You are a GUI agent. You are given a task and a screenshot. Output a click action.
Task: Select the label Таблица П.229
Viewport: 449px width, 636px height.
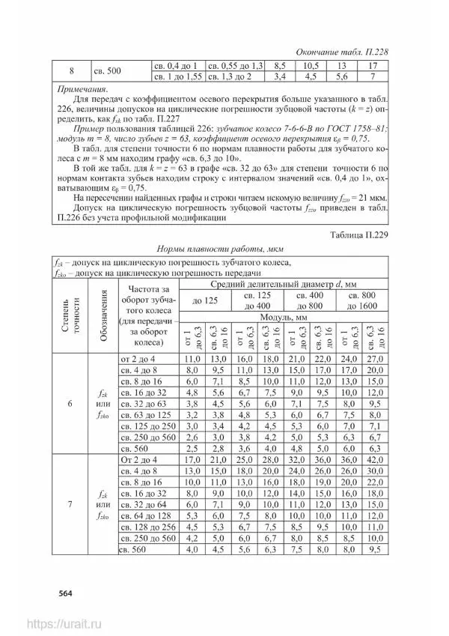pyautogui.click(x=358, y=234)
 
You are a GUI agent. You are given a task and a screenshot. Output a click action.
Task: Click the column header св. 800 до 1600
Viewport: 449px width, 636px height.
pyautogui.click(x=358, y=300)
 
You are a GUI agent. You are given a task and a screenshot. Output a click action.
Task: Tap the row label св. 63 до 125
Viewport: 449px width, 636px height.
pyautogui.click(x=146, y=414)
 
